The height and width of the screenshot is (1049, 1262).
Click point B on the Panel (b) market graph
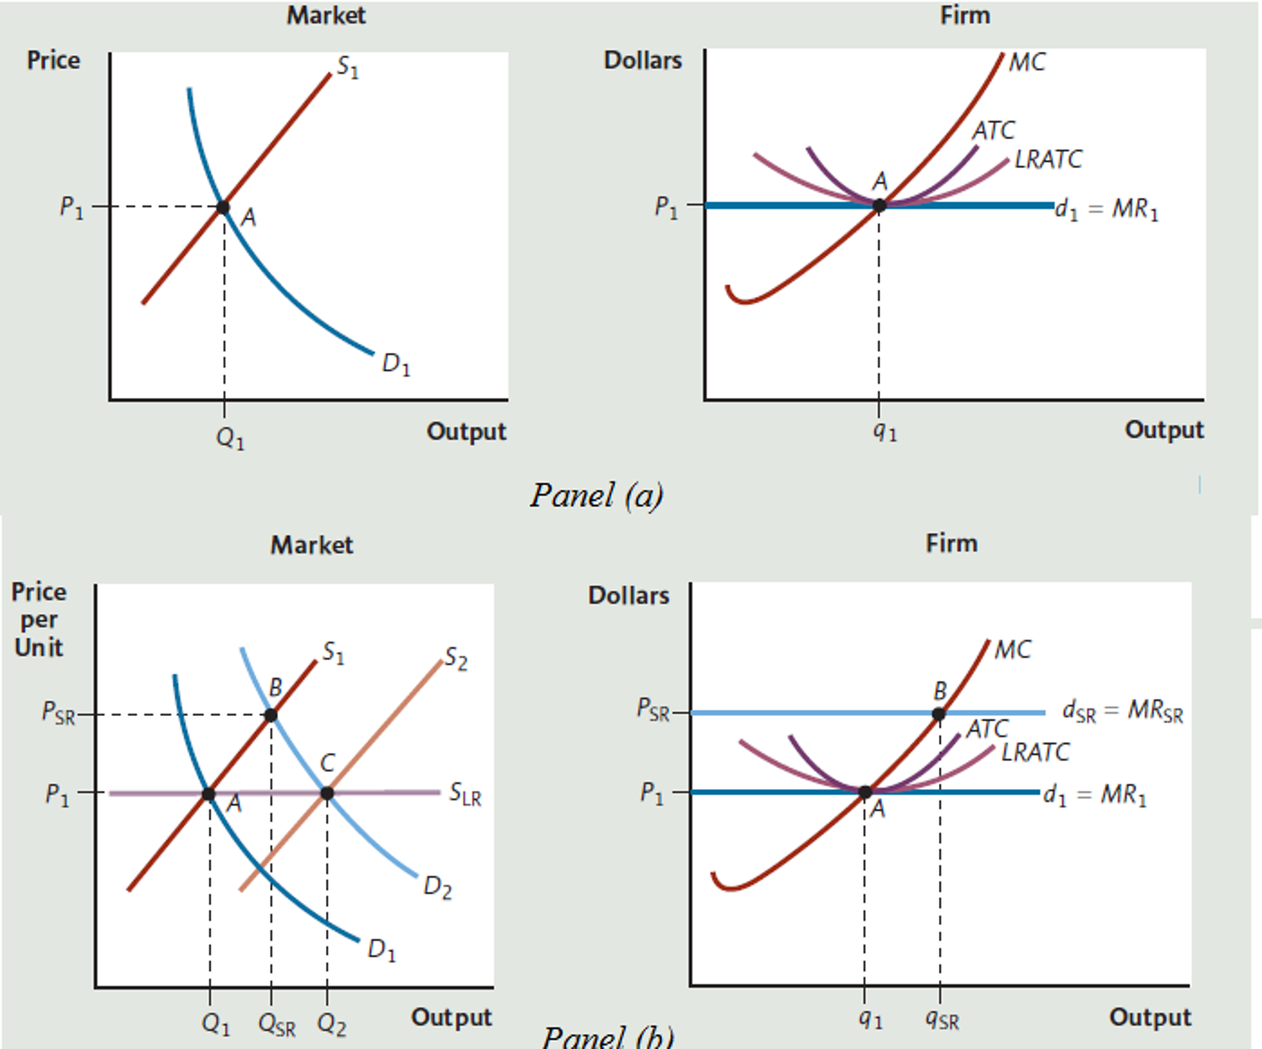point(270,715)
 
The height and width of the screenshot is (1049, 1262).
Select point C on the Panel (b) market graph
point(327,793)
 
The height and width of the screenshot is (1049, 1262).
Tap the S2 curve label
point(456,659)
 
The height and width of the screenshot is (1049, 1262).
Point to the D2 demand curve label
point(437,888)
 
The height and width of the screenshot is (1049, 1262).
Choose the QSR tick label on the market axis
point(276,1026)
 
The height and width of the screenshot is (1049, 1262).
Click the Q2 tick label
point(331,1026)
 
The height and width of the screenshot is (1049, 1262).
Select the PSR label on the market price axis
point(58,713)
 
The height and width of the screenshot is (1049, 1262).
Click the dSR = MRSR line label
point(1123,712)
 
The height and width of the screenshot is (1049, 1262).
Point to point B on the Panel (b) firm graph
point(938,714)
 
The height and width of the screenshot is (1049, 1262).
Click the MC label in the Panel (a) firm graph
point(1027,62)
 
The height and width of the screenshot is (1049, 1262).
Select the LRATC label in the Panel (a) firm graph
point(1048,160)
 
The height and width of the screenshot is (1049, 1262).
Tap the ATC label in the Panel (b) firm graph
point(987,730)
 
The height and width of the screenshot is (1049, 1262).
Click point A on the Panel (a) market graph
point(223,207)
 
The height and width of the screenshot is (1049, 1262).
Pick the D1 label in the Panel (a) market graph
point(395,364)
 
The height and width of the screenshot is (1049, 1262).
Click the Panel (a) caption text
point(596,495)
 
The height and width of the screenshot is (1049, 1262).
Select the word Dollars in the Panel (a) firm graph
point(643,60)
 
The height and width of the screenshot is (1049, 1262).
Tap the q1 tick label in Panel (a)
point(885,432)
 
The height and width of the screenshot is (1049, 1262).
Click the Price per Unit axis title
point(38,619)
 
